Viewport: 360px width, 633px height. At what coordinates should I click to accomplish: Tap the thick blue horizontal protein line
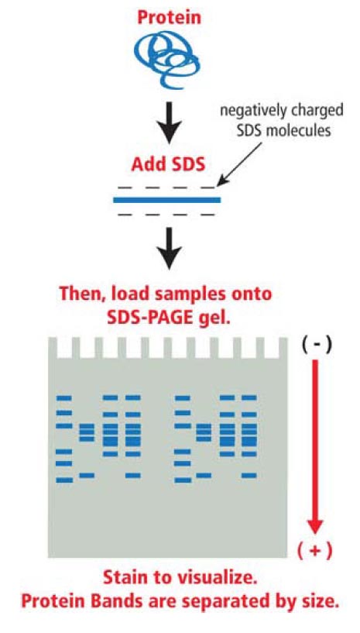pos(166,201)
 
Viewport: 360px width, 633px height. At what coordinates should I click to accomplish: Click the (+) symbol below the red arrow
pos(315,551)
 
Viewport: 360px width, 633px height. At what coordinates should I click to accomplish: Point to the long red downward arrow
pos(315,449)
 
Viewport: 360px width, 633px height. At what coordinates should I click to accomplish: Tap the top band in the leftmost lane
pos(64,397)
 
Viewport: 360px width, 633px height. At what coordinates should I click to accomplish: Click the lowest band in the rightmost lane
pos(249,475)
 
